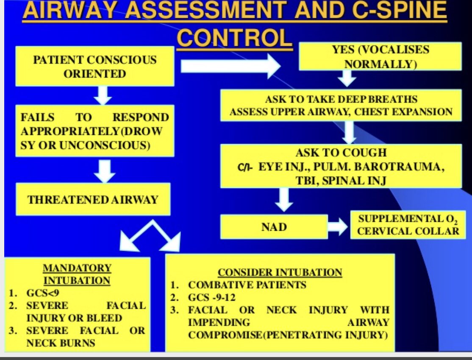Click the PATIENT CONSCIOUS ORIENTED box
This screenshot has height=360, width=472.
coord(94,67)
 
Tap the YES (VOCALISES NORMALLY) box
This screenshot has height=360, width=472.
coord(380,56)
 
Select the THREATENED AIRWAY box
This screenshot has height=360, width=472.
coord(93,199)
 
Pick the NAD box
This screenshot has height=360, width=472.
coord(274,227)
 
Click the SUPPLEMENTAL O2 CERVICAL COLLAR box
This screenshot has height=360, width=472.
coord(408,225)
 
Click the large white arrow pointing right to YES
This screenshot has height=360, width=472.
coord(231,66)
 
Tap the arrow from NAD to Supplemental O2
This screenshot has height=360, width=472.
coord(338,227)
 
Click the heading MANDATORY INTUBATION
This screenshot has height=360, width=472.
coord(77,274)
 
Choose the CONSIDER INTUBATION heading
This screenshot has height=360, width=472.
coord(280,272)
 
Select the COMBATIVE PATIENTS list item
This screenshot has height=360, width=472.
coord(247,285)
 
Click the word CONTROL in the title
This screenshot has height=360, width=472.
coord(234,38)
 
